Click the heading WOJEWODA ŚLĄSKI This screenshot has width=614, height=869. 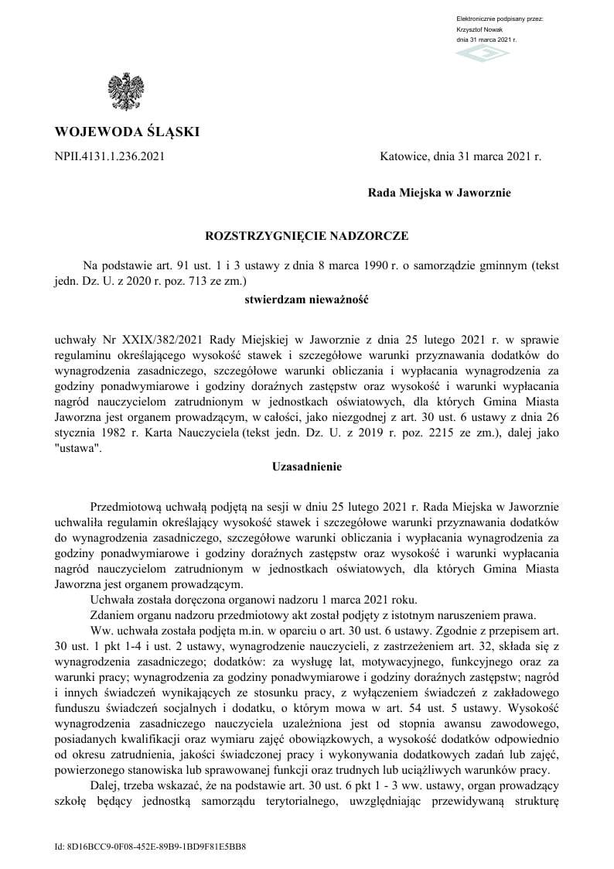pyautogui.click(x=127, y=132)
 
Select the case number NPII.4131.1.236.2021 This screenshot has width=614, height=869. pyautogui.click(x=110, y=157)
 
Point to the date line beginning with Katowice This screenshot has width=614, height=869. pyautogui.click(x=461, y=157)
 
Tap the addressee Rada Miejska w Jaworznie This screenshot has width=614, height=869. pyautogui.click(x=439, y=193)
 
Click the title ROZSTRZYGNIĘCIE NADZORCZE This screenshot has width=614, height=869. pyautogui.click(x=306, y=234)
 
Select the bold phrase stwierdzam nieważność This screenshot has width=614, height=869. pyautogui.click(x=306, y=298)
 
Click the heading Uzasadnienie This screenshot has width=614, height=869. pyautogui.click(x=306, y=467)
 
